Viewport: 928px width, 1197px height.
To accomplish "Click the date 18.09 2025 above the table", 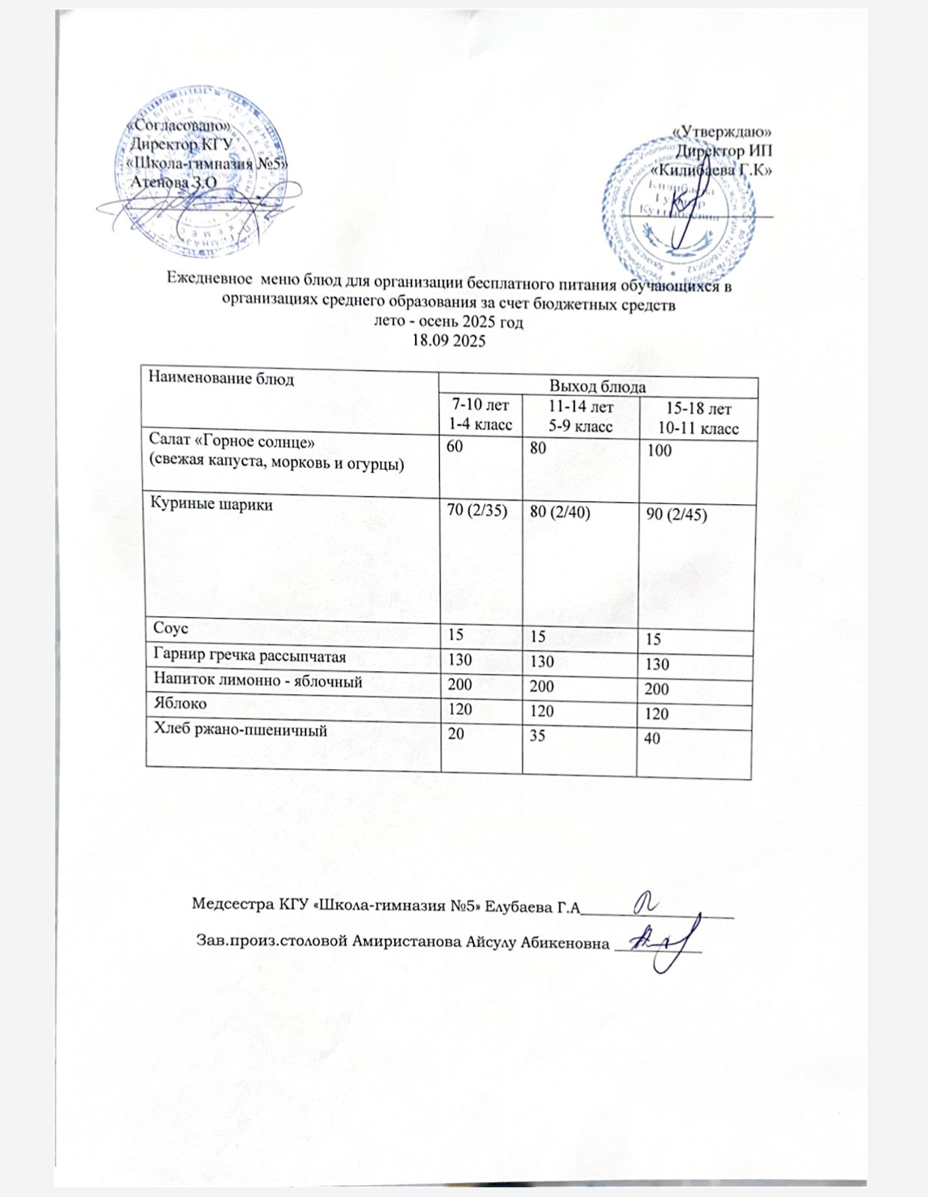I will point(449,340).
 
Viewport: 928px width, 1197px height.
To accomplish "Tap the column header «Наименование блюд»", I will point(221,378).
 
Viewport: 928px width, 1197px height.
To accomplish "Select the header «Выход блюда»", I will point(597,387).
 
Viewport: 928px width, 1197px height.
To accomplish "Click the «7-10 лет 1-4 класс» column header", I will point(480,415).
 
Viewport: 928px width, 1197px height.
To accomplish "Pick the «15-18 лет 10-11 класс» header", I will point(698,419).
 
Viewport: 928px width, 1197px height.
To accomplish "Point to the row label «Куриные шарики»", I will point(212,505).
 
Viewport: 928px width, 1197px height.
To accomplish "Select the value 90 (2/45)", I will point(677,515).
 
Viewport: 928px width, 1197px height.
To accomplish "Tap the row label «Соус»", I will point(170,628).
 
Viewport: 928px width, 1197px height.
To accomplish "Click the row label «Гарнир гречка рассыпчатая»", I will point(249,657).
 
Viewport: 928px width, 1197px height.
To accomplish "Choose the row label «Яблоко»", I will point(180,704).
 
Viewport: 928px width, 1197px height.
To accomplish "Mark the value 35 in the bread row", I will point(538,735).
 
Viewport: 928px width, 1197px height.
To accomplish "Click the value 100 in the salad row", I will point(660,450).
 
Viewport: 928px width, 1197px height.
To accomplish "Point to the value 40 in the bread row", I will point(652,738).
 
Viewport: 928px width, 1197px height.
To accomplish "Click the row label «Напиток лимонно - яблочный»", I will point(258,682).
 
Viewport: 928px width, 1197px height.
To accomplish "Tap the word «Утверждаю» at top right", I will point(722,132).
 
